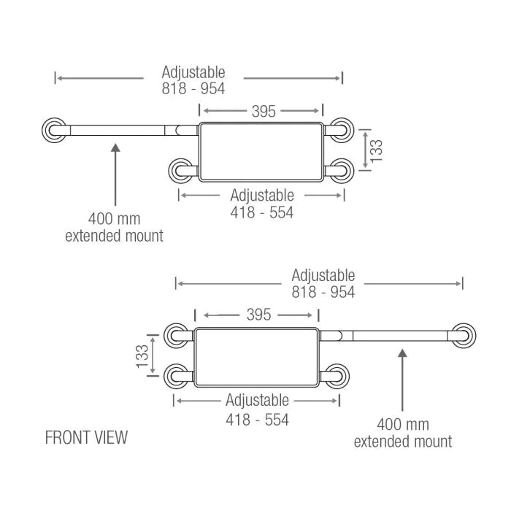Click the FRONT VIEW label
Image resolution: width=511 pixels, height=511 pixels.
pyautogui.click(x=86, y=437)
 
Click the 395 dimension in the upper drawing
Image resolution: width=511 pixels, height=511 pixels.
pyautogui.click(x=264, y=111)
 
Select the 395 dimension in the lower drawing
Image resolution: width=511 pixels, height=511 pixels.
pyautogui.click(x=258, y=315)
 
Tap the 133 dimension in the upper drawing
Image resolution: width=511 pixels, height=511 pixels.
pyautogui.click(x=377, y=150)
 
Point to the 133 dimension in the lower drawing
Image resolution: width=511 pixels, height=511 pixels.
pyautogui.click(x=142, y=356)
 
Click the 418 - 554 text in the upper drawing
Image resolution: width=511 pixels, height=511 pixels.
pyautogui.click(x=262, y=212)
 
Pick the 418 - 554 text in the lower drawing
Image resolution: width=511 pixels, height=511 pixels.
pyautogui.click(x=257, y=420)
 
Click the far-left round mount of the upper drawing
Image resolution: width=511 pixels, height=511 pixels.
pyautogui.click(x=54, y=131)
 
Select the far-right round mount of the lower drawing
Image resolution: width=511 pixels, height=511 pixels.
pyautogui.click(x=463, y=335)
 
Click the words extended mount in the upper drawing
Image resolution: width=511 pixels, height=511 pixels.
pyautogui.click(x=115, y=235)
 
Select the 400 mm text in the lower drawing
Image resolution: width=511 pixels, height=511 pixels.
pyautogui.click(x=403, y=425)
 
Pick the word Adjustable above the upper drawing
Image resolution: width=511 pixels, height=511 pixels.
pyautogui.click(x=193, y=72)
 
